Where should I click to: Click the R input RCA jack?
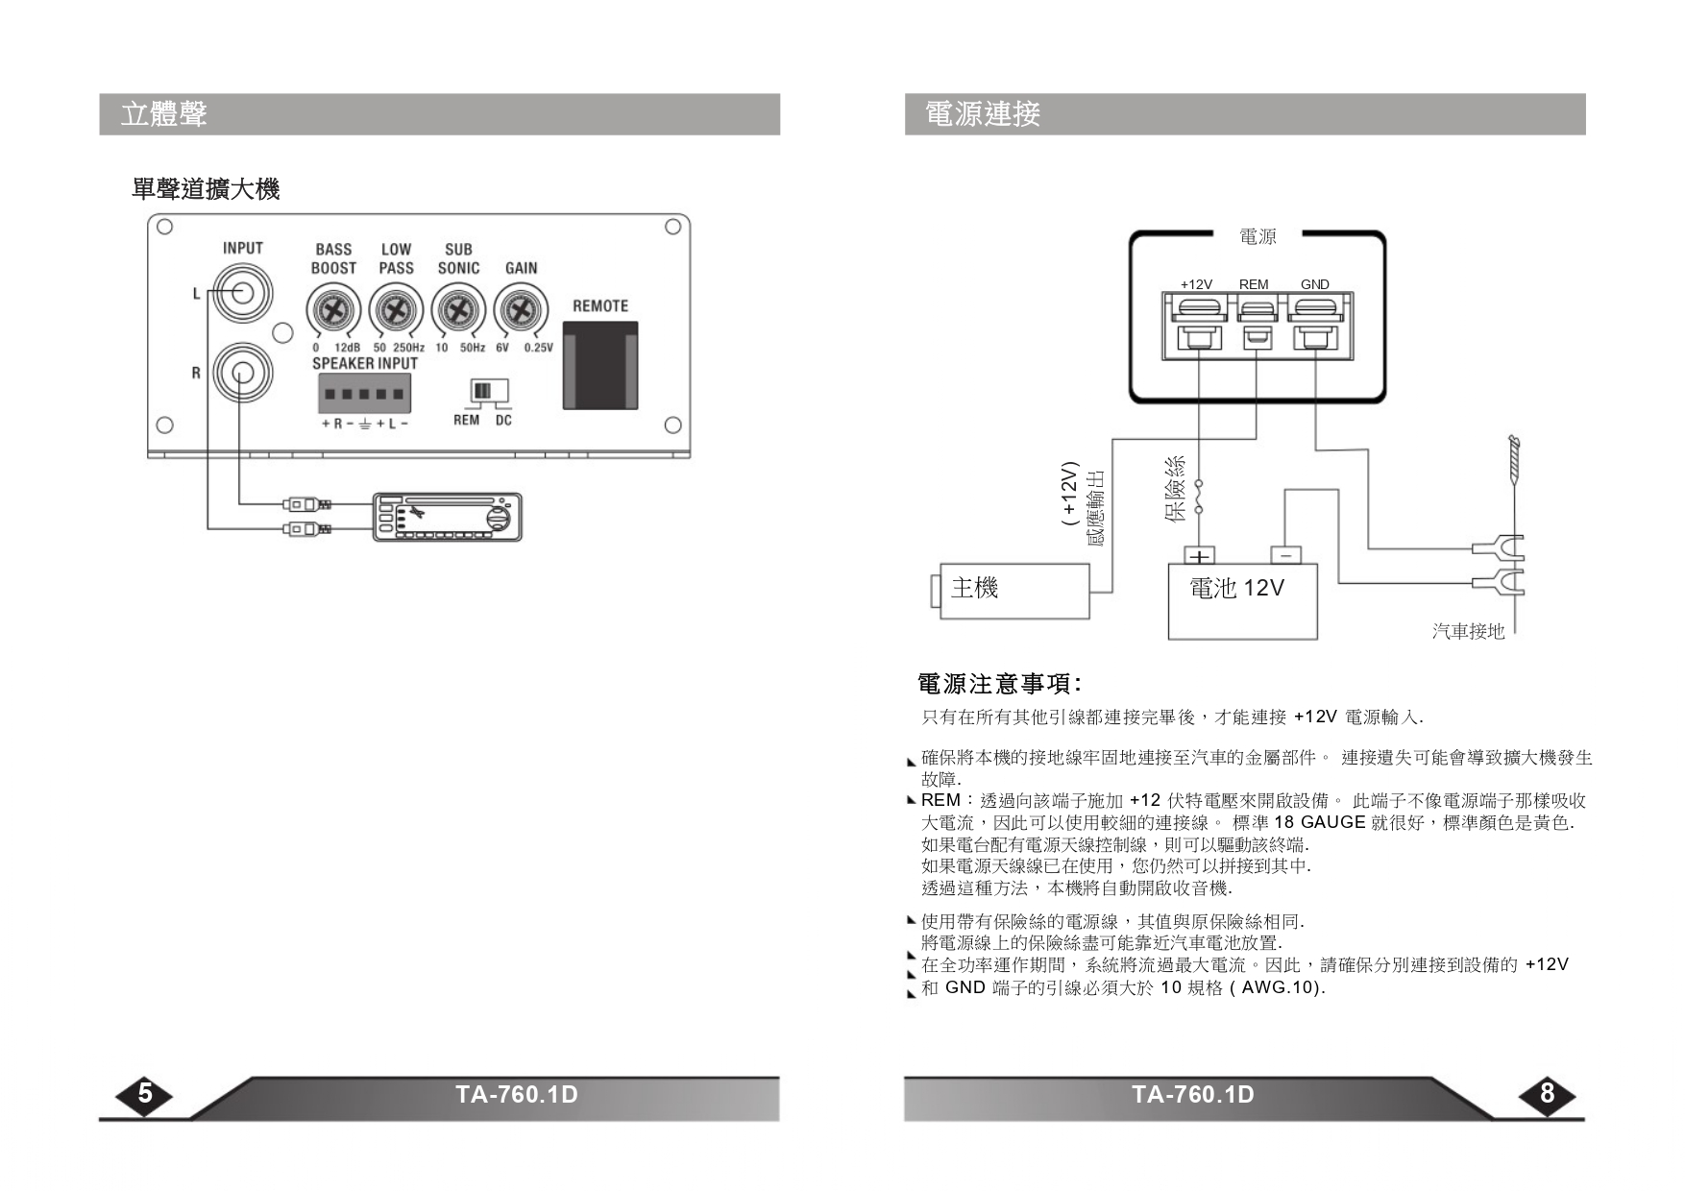241,373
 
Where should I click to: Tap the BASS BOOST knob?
333,311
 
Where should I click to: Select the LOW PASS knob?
395,311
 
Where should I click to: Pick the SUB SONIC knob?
458,311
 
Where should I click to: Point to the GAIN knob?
521,311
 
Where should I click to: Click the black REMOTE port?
600,365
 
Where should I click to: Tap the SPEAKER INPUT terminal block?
364,394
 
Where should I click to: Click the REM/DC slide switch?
484,391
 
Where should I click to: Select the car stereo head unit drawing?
448,518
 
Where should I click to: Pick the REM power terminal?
1257,327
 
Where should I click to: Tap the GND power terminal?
1315,327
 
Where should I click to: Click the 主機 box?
1014,590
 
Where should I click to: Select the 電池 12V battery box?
1242,601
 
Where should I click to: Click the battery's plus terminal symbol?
1199,556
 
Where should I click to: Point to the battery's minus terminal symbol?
1285,555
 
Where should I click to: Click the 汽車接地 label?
1468,631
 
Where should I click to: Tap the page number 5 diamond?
145,1094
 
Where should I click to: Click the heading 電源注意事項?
999,684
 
